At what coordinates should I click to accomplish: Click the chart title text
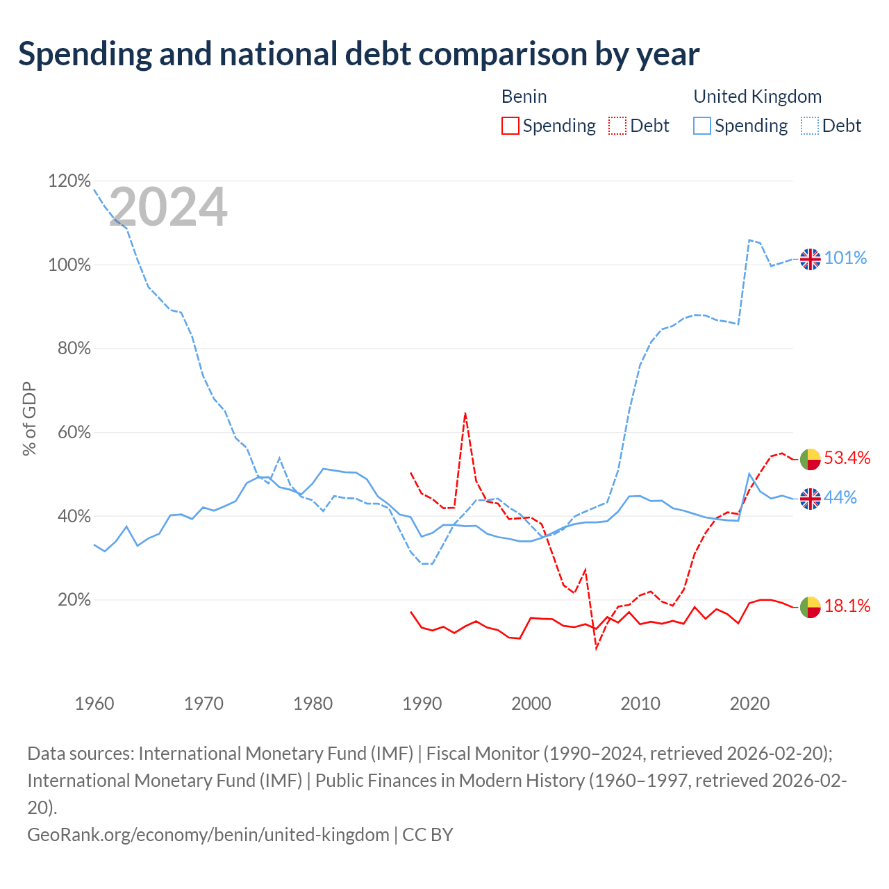358,55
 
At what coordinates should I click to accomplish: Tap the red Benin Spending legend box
510,126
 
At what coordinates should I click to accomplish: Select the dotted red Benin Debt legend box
617,126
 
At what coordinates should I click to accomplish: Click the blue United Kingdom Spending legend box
701,126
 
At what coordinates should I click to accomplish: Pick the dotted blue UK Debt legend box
809,126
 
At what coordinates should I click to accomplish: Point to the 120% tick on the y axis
69,181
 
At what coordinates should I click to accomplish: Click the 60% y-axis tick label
74,432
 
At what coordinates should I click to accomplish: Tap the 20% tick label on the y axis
74,600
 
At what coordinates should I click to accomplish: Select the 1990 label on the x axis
422,704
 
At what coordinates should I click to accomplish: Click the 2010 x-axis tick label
640,704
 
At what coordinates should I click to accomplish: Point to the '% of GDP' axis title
29,418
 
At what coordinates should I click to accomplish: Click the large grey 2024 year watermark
168,206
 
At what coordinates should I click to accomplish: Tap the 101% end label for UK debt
845,258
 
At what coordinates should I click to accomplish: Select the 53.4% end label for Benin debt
847,458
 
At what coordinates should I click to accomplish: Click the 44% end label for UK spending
840,497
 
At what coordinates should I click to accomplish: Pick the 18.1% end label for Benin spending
847,606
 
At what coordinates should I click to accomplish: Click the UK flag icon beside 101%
810,259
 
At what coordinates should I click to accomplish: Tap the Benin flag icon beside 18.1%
810,606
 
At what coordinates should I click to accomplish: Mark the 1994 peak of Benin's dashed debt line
465,413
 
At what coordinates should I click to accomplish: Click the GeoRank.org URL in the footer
208,835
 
